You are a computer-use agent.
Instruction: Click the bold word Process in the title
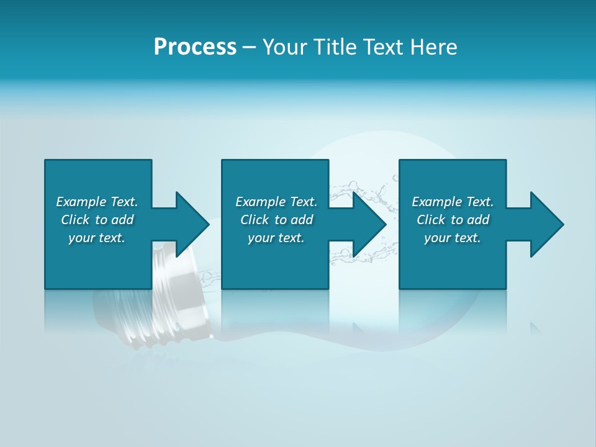[x=195, y=47]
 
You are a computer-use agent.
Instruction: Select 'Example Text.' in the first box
[x=97, y=202]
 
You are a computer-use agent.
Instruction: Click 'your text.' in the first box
[x=97, y=238]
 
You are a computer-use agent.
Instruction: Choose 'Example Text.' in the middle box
[x=276, y=202]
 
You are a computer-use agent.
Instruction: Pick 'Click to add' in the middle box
[x=276, y=220]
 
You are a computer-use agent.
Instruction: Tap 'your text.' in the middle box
[x=276, y=238]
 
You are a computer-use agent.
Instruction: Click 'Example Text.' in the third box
[x=453, y=202]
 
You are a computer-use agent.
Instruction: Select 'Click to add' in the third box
[x=453, y=220]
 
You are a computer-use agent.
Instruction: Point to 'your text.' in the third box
[x=453, y=238]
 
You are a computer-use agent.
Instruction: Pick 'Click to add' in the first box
[x=97, y=220]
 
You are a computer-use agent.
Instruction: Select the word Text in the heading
[x=381, y=47]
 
